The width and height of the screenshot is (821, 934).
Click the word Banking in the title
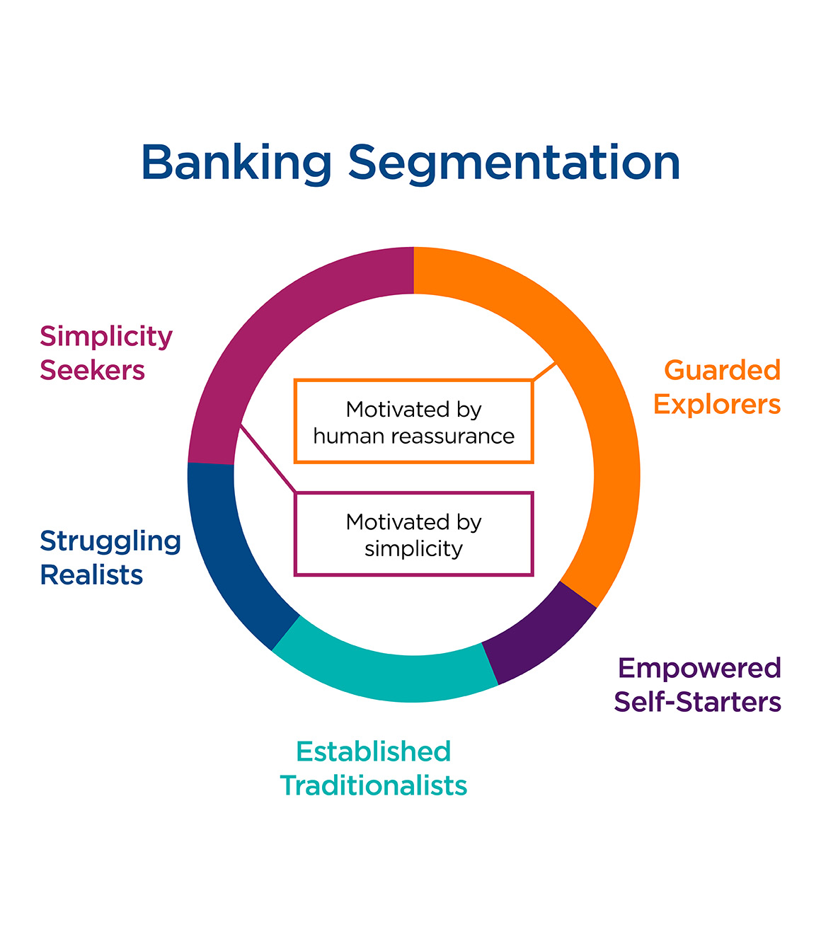pos(236,163)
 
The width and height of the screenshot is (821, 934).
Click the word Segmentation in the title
pos(514,163)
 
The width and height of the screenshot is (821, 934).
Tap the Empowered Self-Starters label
pos(698,684)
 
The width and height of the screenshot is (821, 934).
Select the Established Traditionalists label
pos(374,768)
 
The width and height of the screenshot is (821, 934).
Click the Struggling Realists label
pos(110,558)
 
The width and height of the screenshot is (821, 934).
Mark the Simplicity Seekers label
pos(105,353)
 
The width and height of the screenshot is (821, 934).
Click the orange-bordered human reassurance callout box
pos(413,422)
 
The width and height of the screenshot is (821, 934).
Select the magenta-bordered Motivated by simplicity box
pos(413,534)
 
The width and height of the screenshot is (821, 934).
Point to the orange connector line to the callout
pos(544,372)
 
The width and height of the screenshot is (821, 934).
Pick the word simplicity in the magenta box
pos(413,548)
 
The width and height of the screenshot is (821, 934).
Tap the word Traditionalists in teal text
pos(374,785)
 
